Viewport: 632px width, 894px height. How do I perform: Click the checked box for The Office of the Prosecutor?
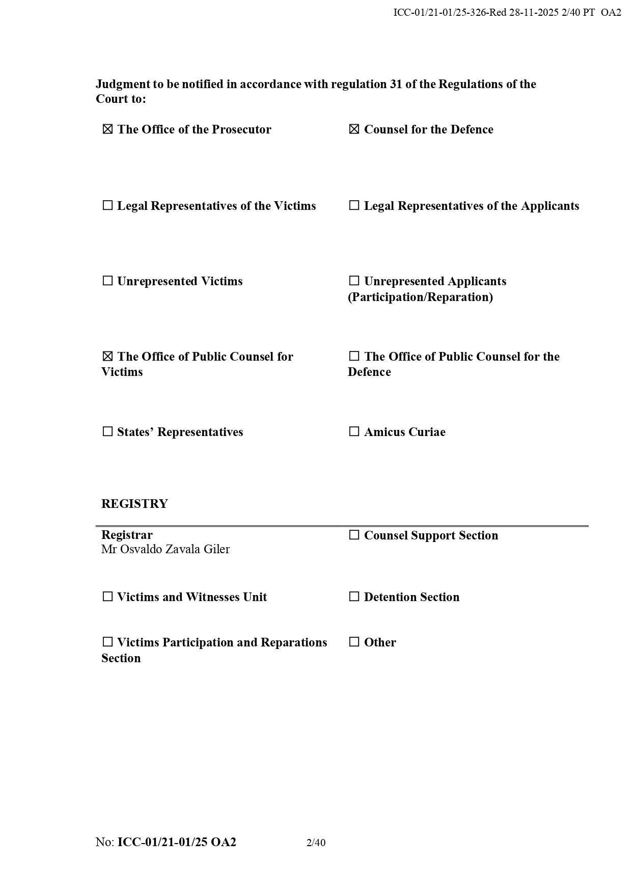107,129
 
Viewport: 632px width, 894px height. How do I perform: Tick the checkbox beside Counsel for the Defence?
354,129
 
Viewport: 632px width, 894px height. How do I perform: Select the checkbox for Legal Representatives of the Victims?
107,206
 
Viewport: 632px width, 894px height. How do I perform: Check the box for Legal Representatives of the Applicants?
354,206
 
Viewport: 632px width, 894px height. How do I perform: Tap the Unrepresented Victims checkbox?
107,281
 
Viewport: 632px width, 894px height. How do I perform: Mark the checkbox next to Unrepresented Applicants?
354,281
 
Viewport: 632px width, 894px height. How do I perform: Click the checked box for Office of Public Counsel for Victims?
107,357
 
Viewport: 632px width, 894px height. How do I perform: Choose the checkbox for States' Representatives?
107,432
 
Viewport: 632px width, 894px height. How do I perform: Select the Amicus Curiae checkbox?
354,432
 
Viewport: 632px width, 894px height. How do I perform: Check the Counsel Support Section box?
354,535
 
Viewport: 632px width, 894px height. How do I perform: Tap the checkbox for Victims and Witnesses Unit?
107,597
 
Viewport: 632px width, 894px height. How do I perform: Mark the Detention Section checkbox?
354,597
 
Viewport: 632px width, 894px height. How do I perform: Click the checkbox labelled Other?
354,642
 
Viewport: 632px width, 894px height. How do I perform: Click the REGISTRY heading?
134,504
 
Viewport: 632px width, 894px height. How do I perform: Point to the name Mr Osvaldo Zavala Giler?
166,549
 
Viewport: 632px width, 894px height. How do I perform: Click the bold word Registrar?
127,535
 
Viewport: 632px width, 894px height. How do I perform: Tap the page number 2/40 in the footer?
316,843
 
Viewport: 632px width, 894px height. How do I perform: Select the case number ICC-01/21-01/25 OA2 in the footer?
177,842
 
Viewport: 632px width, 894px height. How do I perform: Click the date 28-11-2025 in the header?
534,13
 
